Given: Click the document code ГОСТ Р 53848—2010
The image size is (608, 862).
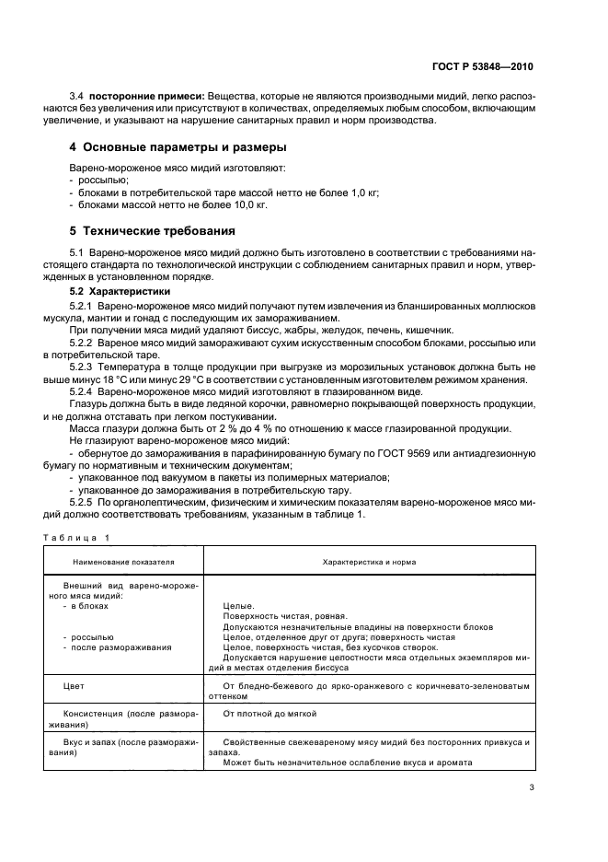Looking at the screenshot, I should point(483,67).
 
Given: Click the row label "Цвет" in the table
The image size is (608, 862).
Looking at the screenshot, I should point(73,686).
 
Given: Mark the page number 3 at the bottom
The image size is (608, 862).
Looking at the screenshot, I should point(531,787).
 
